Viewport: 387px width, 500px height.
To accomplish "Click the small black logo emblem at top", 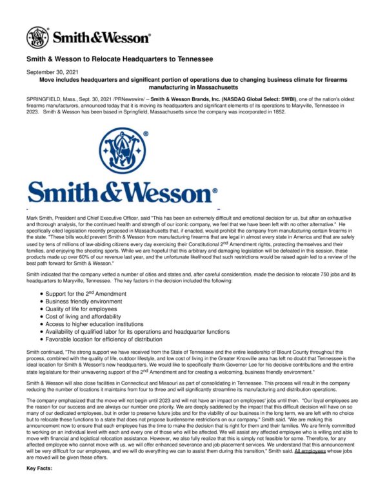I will [37, 38].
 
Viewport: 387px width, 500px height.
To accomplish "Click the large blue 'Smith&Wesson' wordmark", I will [123, 193].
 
